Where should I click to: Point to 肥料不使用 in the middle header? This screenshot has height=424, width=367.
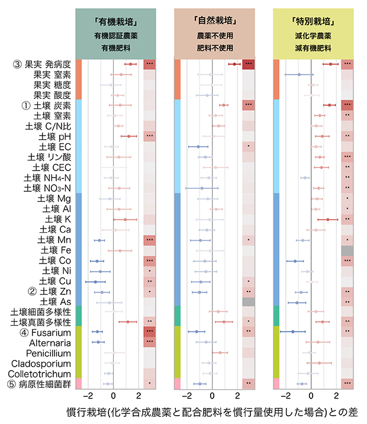point(215,47)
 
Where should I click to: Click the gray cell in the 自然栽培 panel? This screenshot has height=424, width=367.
point(249,301)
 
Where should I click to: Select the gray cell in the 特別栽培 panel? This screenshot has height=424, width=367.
point(347,250)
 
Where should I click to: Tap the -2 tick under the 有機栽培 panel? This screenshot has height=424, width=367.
point(88,396)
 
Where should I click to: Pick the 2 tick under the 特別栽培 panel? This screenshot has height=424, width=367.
point(337,396)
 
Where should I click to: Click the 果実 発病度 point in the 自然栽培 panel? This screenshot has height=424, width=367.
point(235,64)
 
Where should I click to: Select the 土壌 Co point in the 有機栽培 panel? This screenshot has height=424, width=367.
point(96,261)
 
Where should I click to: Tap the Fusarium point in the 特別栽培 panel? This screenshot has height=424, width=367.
point(292,332)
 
